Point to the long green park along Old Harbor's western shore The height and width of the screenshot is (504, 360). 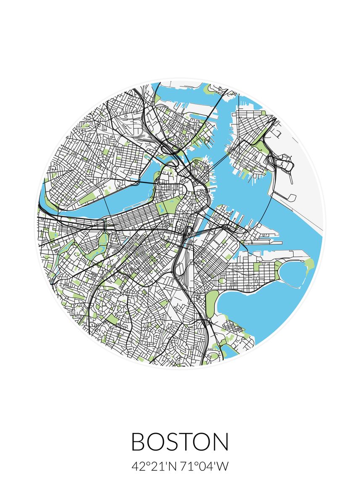(212, 300)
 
